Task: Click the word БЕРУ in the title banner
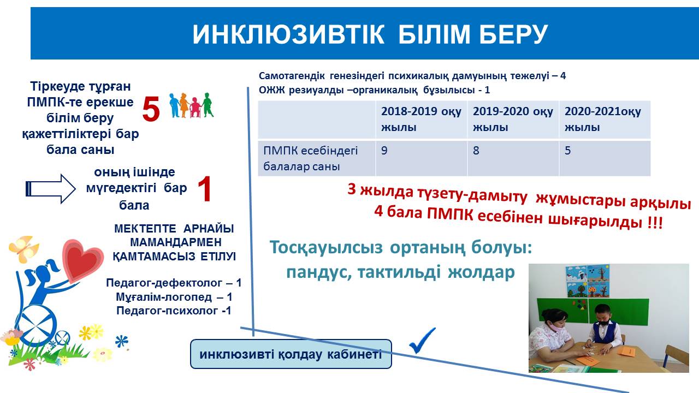click(x=513, y=34)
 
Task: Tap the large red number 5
click(x=151, y=109)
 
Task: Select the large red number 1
click(x=205, y=189)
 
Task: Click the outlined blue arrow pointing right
click(x=51, y=189)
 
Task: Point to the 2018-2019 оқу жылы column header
click(x=421, y=120)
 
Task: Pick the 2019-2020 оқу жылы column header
click(x=513, y=120)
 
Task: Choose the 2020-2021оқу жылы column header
click(x=605, y=120)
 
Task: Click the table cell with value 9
click(x=421, y=158)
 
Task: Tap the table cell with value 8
click(x=513, y=158)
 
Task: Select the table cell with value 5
click(x=605, y=158)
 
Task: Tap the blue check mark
click(x=422, y=341)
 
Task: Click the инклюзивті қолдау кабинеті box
click(x=291, y=354)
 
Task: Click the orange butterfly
click(x=25, y=249)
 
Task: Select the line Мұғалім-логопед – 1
click(x=174, y=297)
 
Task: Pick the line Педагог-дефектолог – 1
click(x=174, y=283)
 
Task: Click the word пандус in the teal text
click(x=318, y=272)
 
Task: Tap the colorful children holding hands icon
click(x=191, y=105)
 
